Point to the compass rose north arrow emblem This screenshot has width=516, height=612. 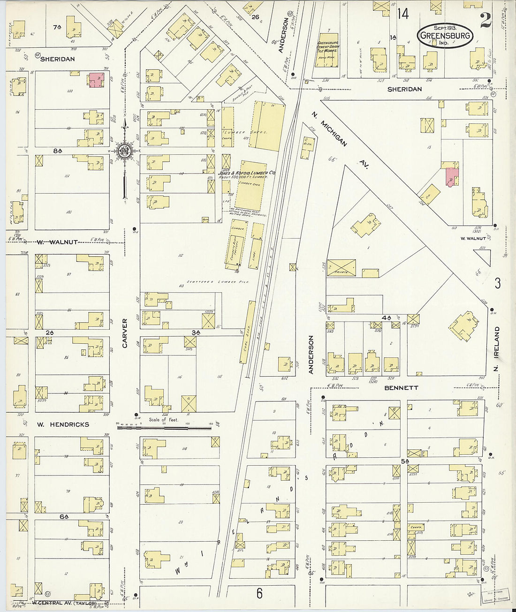tap(125, 151)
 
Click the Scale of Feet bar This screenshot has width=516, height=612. tap(164, 427)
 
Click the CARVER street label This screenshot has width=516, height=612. tap(125, 333)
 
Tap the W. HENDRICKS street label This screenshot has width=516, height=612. tap(63, 424)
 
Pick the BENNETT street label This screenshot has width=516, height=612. tap(401, 388)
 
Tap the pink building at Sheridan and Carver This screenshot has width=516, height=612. tap(97, 80)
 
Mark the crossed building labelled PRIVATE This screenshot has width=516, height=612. tap(341, 268)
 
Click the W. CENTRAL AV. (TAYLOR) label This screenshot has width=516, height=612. tap(65, 603)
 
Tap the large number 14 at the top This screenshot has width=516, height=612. tap(402, 14)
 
